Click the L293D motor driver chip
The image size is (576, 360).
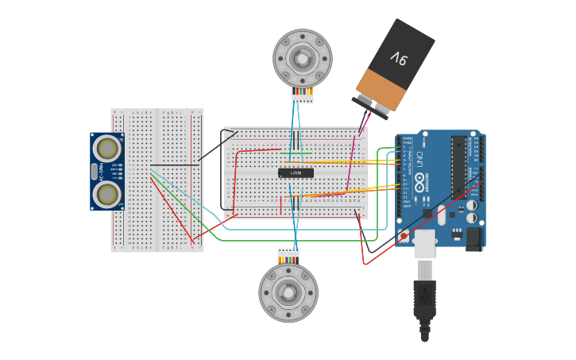point(296,172)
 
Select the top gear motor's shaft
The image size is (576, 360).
point(302,58)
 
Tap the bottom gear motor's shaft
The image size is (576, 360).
point(288,292)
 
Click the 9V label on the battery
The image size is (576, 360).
point(398,57)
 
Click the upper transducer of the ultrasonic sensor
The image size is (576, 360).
point(106,148)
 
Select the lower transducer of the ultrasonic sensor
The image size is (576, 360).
point(106,194)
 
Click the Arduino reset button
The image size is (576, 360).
point(404,236)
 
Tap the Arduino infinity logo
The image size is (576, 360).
point(418,163)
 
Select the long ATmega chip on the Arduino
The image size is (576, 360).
point(458,167)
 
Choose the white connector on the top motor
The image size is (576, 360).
point(302,99)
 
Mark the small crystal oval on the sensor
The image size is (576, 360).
point(94,171)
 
